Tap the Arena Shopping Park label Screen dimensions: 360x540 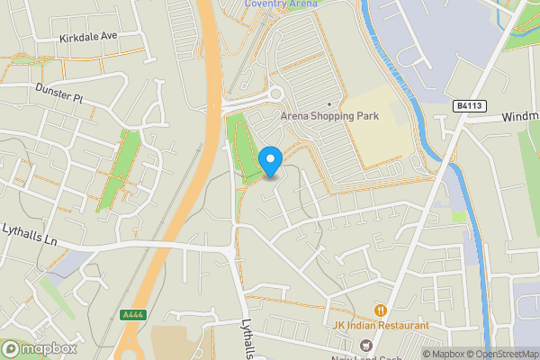[x=329, y=116]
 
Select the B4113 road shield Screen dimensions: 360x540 [x=470, y=106]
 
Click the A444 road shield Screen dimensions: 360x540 [x=131, y=315]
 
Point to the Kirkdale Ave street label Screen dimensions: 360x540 [x=87, y=37]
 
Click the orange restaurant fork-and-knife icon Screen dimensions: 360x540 [x=381, y=310]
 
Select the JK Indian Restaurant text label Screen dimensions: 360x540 [x=381, y=325]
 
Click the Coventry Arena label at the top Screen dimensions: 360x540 [x=281, y=4]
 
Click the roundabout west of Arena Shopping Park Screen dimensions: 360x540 [x=274, y=94]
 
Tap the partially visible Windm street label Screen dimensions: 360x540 [x=520, y=117]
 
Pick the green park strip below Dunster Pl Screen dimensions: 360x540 [x=118, y=166]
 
